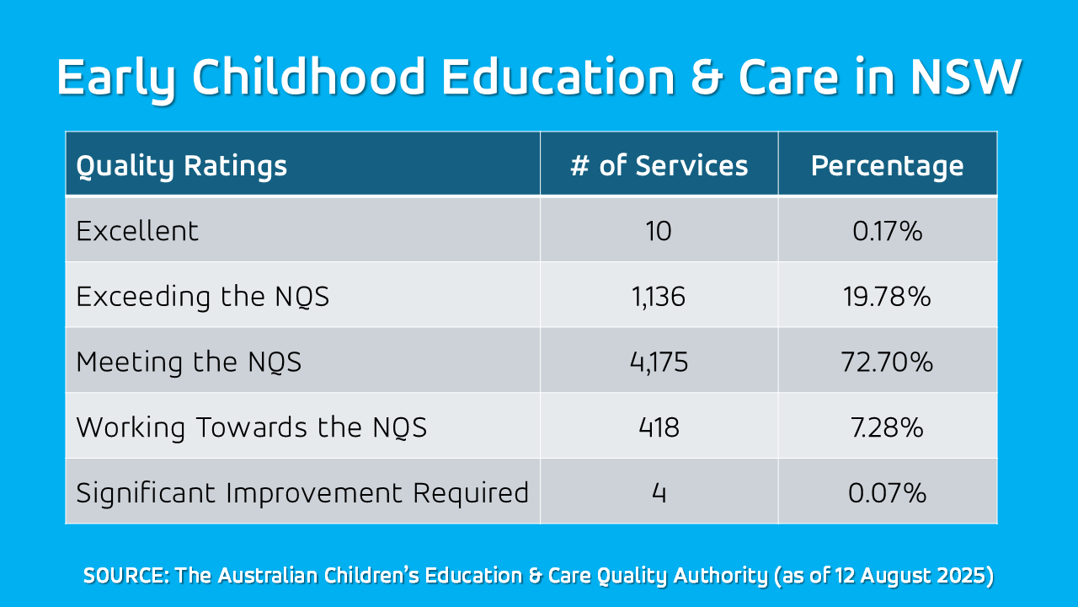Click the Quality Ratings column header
click(182, 166)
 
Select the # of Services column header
click(659, 166)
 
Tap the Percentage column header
click(887, 166)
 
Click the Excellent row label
click(137, 231)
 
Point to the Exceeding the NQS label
click(202, 297)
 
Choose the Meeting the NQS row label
click(189, 363)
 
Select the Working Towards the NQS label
click(251, 427)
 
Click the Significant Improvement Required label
click(302, 492)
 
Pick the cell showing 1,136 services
click(659, 297)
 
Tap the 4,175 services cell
click(659, 363)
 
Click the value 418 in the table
click(659, 427)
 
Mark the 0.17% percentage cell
click(887, 231)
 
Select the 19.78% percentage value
click(887, 297)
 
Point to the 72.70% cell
click(887, 363)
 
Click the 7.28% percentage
click(887, 427)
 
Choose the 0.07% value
click(887, 492)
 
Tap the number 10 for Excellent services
click(659, 231)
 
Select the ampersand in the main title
click(706, 78)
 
